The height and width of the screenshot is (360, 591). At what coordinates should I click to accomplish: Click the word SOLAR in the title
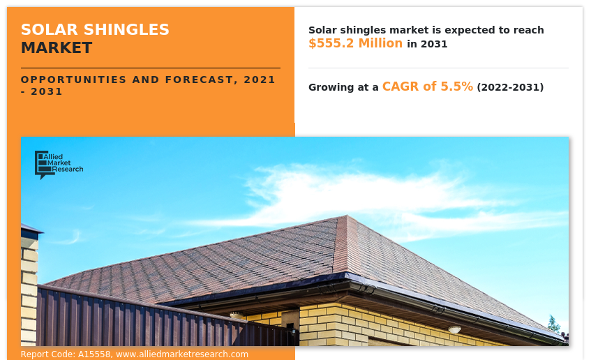pyautogui.click(x=45, y=29)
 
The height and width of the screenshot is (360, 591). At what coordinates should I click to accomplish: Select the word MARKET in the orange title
pyautogui.click(x=56, y=48)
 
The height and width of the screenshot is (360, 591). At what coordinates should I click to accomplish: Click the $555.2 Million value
pyautogui.click(x=355, y=43)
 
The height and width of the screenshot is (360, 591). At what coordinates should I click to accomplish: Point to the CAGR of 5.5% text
pyautogui.click(x=427, y=87)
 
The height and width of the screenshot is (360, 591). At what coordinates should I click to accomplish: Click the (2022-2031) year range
pyautogui.click(x=510, y=87)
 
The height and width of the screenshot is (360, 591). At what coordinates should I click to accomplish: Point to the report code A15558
pyautogui.click(x=95, y=354)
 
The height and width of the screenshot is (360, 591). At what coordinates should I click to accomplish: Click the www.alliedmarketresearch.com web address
pyautogui.click(x=182, y=354)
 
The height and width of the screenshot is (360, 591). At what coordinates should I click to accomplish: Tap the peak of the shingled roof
pyautogui.click(x=346, y=218)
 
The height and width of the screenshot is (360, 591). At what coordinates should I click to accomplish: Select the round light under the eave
pyautogui.click(x=454, y=329)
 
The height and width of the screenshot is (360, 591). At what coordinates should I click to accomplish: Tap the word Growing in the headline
pyautogui.click(x=333, y=87)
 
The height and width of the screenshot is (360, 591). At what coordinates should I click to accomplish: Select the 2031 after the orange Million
pyautogui.click(x=433, y=44)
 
